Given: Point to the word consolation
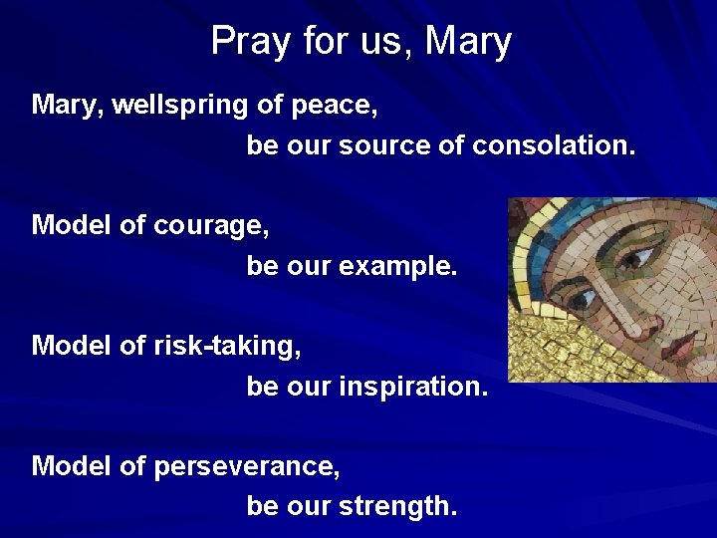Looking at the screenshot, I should coord(553,146).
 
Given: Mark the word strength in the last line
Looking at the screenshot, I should coord(398,507).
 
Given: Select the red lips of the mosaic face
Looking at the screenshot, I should coord(682,346).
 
